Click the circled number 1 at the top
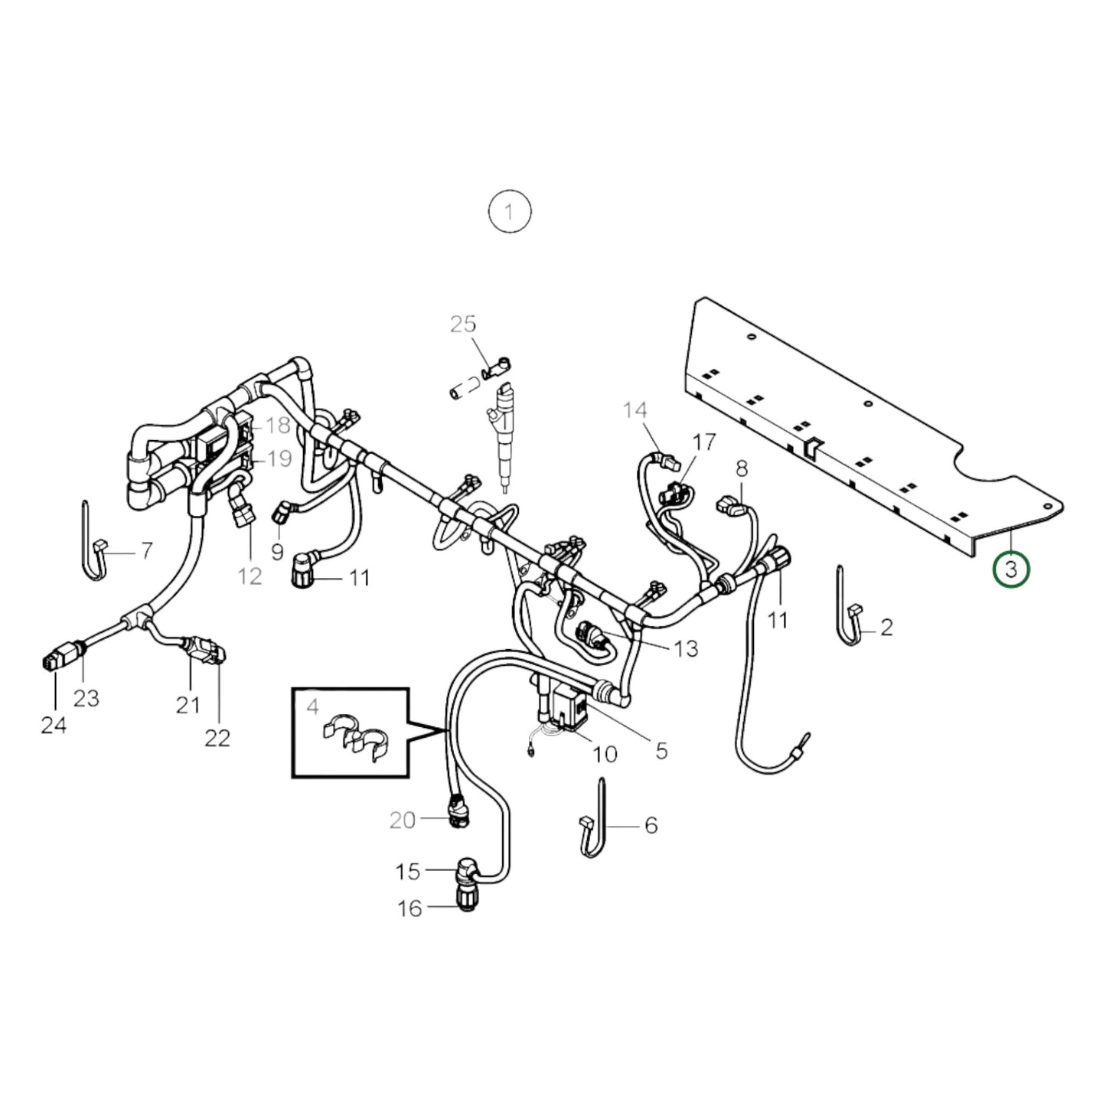(510, 210)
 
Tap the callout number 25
(462, 325)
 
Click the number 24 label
(54, 724)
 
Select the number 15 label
(408, 871)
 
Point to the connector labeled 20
(459, 813)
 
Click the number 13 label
(686, 649)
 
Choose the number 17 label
(703, 442)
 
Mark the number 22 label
(217, 738)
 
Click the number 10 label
(605, 754)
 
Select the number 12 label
(250, 576)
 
